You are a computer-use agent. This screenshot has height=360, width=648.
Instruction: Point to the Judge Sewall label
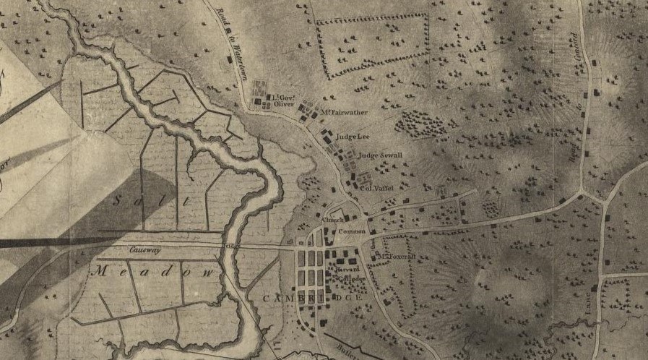coord(379,155)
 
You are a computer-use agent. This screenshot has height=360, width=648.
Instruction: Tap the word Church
coord(334,220)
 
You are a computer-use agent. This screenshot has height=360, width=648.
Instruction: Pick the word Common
coord(352,231)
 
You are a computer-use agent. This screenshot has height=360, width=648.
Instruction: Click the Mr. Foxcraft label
coord(394,257)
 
